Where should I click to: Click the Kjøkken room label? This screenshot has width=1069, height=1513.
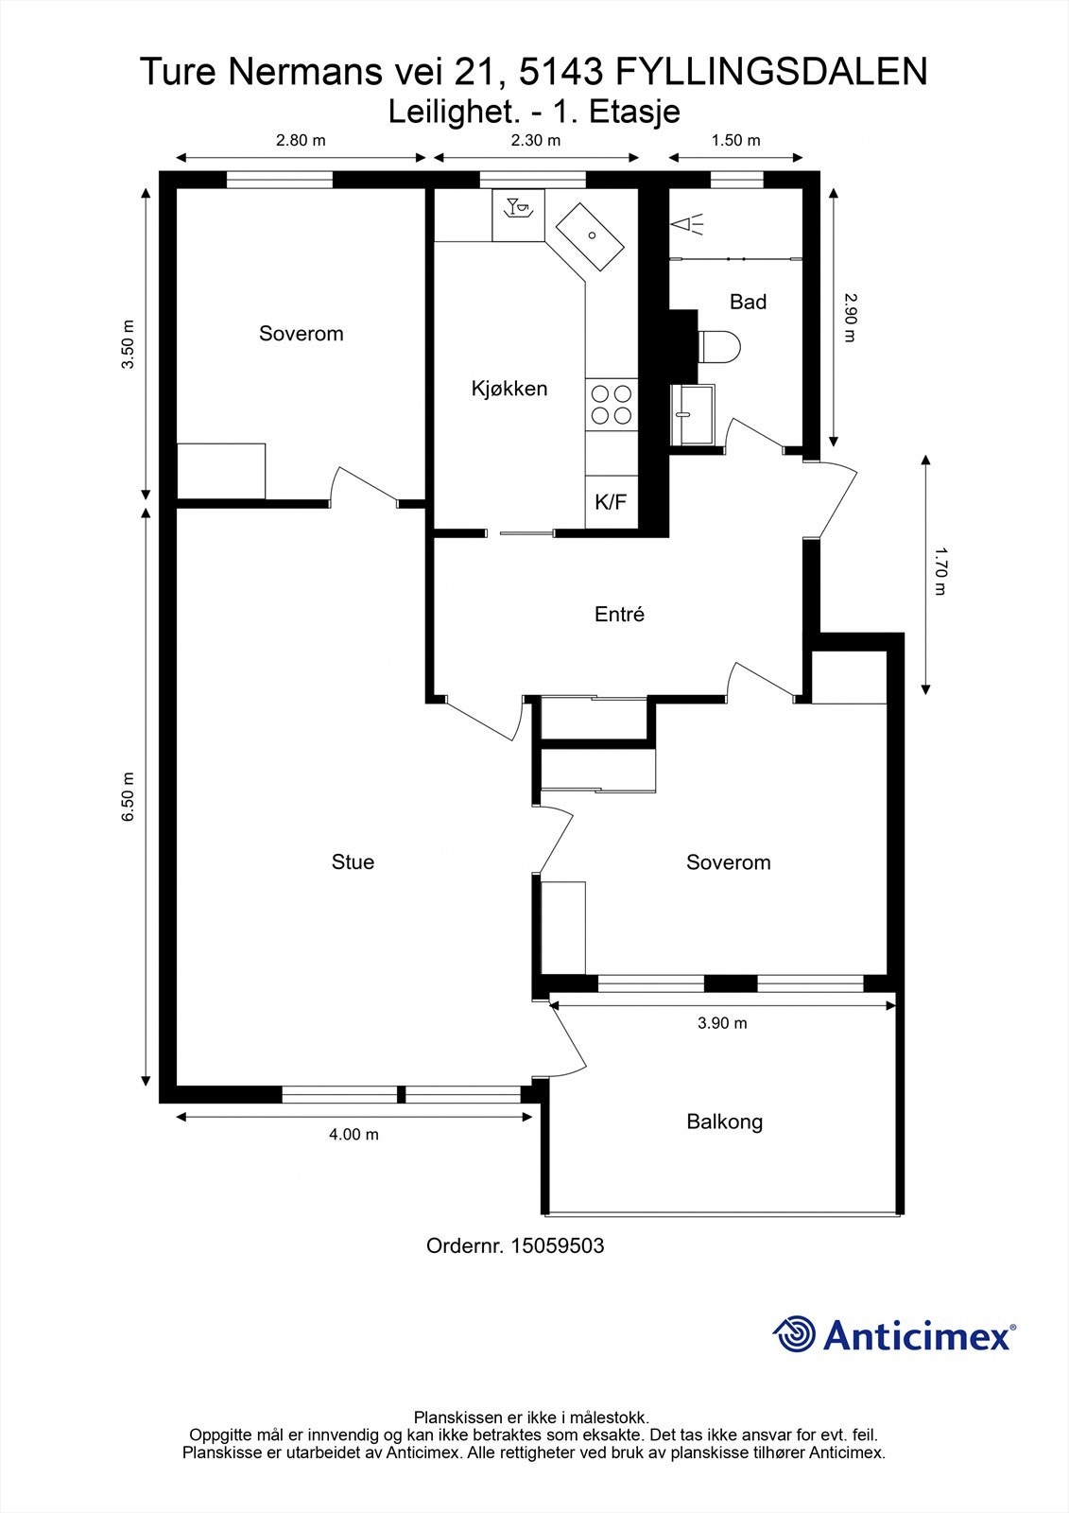pos(509,389)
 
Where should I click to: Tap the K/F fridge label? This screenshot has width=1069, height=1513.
pos(611,502)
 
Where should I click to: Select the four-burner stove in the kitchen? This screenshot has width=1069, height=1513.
pos(612,404)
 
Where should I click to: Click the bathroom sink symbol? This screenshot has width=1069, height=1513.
pos(692,414)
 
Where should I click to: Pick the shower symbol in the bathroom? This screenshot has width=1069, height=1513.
pos(687,224)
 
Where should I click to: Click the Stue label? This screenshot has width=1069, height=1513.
pos(353,861)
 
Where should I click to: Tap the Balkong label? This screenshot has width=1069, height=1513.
pos(725,1122)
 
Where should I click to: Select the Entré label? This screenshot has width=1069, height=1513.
pos(619,614)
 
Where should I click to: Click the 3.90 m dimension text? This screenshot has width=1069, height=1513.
pos(722,1023)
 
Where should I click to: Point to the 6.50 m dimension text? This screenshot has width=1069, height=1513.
pos(128,796)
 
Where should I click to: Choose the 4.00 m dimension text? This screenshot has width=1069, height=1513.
pos(353,1134)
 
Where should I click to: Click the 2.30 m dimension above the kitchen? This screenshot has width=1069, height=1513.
pos(536,140)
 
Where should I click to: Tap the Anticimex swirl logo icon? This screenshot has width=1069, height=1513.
pos(794,1334)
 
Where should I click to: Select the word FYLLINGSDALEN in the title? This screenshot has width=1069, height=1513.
pos(772,72)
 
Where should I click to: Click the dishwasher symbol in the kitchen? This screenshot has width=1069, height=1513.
pos(518,215)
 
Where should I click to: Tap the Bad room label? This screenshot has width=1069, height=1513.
pos(748,302)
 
